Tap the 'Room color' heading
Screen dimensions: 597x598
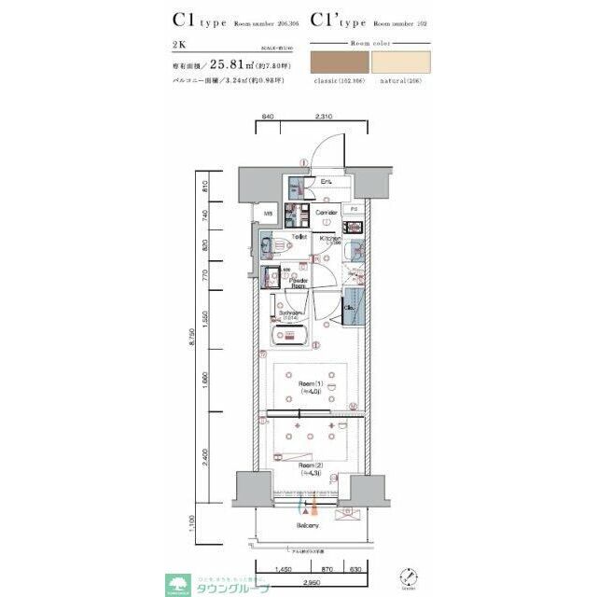pyautogui.click(x=370, y=43)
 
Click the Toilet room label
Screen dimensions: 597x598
pyautogui.click(x=299, y=237)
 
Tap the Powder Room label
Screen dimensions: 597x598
pyautogui.click(x=299, y=283)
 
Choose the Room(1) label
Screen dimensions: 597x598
pyautogui.click(x=310, y=387)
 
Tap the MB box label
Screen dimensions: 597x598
pyautogui.click(x=268, y=214)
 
